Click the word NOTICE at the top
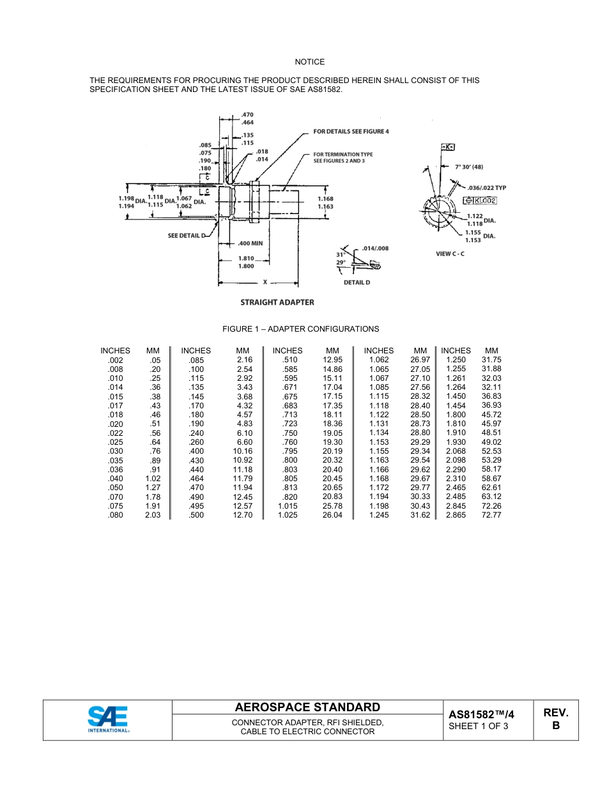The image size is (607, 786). click(309, 62)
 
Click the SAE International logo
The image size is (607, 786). click(108, 719)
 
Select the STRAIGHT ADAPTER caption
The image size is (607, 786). click(277, 302)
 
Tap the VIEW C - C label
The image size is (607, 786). click(450, 254)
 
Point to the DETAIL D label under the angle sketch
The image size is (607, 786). click(357, 282)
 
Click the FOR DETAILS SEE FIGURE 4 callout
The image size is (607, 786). click(350, 132)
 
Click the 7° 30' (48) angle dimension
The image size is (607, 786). click(468, 167)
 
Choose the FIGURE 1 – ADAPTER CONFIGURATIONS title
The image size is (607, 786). click(300, 329)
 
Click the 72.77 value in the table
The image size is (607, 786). click(491, 515)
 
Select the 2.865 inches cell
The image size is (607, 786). click(456, 515)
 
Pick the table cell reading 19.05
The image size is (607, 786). click(332, 433)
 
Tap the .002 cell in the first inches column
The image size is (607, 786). click(116, 360)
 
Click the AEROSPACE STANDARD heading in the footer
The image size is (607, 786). click(307, 707)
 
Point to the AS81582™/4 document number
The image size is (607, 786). click(481, 714)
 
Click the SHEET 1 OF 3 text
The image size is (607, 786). click(479, 727)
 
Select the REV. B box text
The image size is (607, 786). click(555, 719)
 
